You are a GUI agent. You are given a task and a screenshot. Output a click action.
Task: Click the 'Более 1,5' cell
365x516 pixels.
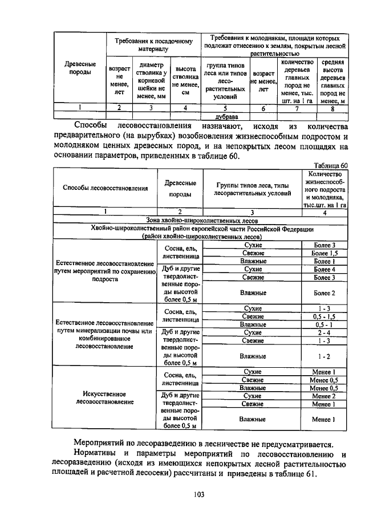point(325,253)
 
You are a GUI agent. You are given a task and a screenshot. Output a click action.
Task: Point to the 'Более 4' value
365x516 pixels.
point(325,269)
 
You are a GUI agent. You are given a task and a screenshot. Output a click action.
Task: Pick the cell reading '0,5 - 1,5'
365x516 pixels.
point(325,316)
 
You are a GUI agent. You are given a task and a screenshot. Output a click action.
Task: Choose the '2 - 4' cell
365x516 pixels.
point(325,332)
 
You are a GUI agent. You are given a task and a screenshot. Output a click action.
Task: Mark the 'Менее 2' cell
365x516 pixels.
point(325,396)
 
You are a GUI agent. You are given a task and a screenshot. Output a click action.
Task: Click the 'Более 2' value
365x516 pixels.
point(325,293)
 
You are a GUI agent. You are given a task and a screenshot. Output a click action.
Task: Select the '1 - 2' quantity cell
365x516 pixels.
point(325,356)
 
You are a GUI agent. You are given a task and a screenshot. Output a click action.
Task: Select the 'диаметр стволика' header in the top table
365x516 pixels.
point(151,80)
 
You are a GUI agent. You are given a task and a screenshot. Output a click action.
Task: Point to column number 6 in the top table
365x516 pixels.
point(263,107)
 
